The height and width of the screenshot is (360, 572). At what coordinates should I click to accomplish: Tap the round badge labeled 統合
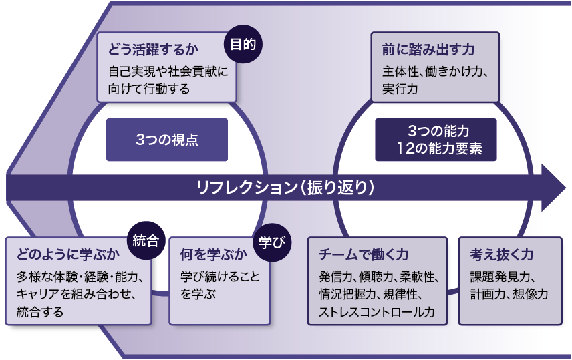click(145, 241)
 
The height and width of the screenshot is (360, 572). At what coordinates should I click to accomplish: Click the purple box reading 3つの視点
click(167, 140)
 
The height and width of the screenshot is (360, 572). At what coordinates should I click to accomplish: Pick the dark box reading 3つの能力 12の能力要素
click(436, 140)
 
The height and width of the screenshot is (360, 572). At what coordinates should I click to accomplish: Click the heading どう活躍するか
click(147, 50)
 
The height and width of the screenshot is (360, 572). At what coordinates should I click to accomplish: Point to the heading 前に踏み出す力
click(428, 50)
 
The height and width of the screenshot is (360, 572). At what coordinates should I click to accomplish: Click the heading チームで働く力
click(364, 255)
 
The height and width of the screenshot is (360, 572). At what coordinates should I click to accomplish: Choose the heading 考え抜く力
click(502, 255)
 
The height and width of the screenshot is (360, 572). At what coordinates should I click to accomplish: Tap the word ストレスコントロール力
click(377, 311)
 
